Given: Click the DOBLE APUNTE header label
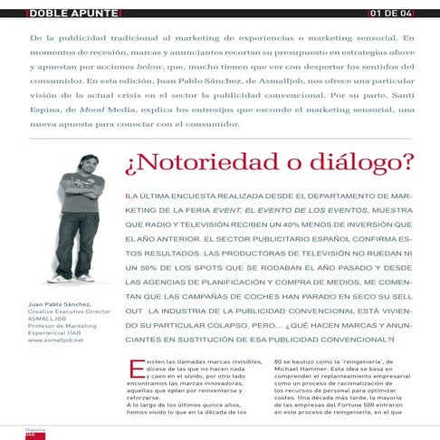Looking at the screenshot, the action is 61,13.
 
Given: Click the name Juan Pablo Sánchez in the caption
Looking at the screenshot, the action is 60,305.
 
